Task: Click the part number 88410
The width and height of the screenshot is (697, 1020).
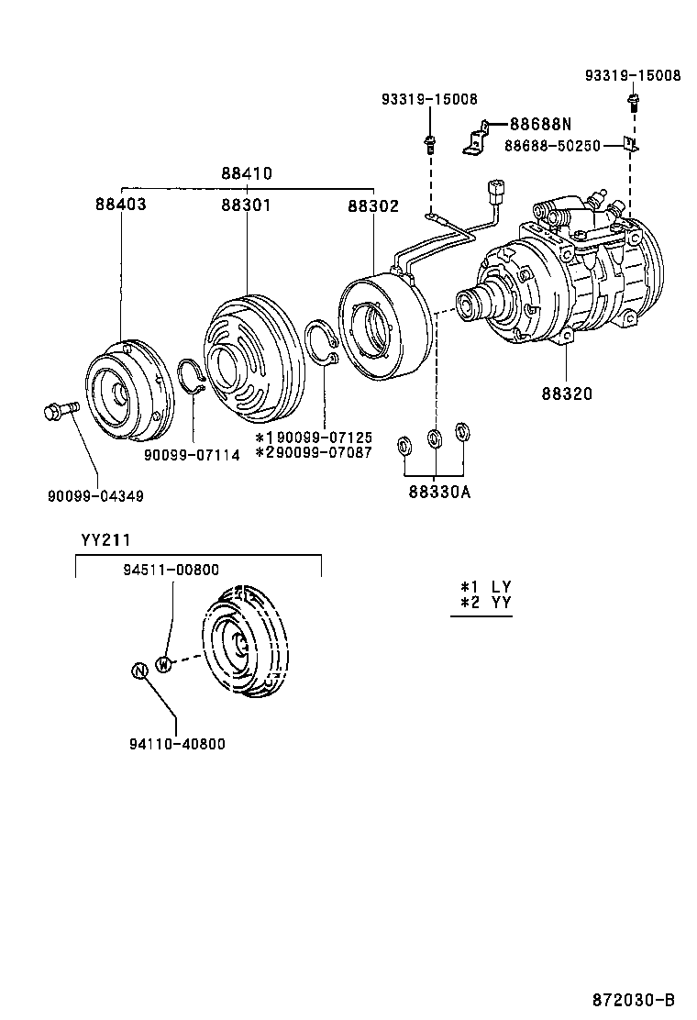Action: pyautogui.click(x=246, y=172)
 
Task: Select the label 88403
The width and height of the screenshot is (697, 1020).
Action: pyautogui.click(x=120, y=205)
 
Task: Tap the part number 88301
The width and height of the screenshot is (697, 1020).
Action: pyautogui.click(x=245, y=205)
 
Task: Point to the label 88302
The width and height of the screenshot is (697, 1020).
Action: pyautogui.click(x=372, y=206)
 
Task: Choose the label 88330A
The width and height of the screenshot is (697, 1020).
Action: pyautogui.click(x=439, y=493)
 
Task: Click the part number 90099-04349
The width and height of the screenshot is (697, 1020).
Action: pyautogui.click(x=95, y=495)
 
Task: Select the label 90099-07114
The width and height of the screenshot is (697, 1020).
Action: pyautogui.click(x=192, y=454)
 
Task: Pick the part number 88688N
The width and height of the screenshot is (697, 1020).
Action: pyautogui.click(x=540, y=124)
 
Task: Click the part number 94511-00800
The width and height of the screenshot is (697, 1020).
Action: pyautogui.click(x=171, y=570)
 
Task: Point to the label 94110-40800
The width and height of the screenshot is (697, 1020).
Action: pyautogui.click(x=177, y=744)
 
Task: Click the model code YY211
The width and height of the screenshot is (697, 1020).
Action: pyautogui.click(x=101, y=539)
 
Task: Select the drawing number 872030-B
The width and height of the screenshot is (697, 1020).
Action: pyautogui.click(x=634, y=999)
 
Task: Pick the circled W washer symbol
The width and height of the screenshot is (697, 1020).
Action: pyautogui.click(x=163, y=664)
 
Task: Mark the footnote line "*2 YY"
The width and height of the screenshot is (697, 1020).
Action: pyautogui.click(x=485, y=603)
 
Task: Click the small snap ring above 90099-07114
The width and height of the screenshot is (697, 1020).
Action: pyautogui.click(x=192, y=376)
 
